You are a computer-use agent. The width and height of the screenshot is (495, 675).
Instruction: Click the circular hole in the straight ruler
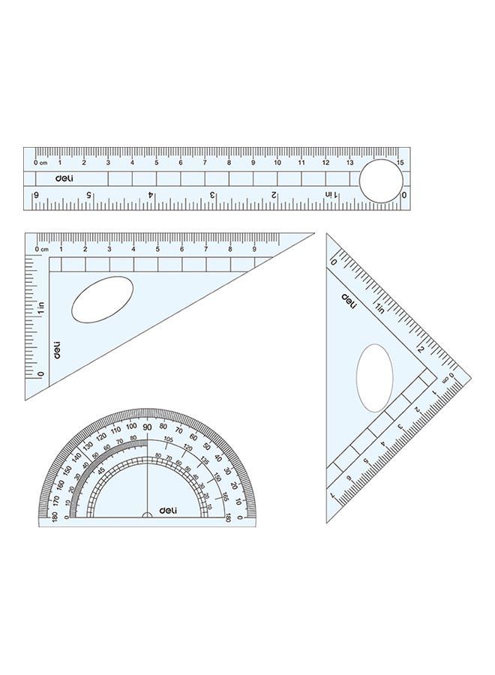[x=380, y=181]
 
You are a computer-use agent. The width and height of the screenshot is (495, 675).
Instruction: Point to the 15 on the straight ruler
[x=400, y=163]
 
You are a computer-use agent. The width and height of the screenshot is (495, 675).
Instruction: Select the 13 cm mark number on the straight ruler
[x=349, y=163]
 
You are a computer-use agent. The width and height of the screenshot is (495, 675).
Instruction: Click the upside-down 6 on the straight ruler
[x=35, y=195]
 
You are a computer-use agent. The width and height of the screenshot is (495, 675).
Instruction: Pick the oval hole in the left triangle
[x=103, y=300]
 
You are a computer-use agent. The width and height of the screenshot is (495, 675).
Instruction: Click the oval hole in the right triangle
[x=375, y=378]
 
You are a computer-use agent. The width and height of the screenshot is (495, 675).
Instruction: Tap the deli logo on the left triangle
[x=57, y=349]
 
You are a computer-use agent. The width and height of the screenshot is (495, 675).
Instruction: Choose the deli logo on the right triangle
[x=349, y=300]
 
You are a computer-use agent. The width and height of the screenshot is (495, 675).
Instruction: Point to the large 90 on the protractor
[x=147, y=427]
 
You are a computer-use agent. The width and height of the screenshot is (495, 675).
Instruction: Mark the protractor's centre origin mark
[x=147, y=516]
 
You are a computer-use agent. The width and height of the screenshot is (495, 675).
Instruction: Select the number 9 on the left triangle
[x=253, y=250]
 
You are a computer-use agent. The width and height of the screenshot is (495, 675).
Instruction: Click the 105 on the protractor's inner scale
[x=168, y=439]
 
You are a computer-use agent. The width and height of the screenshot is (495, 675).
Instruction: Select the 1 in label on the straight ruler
[x=330, y=195]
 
